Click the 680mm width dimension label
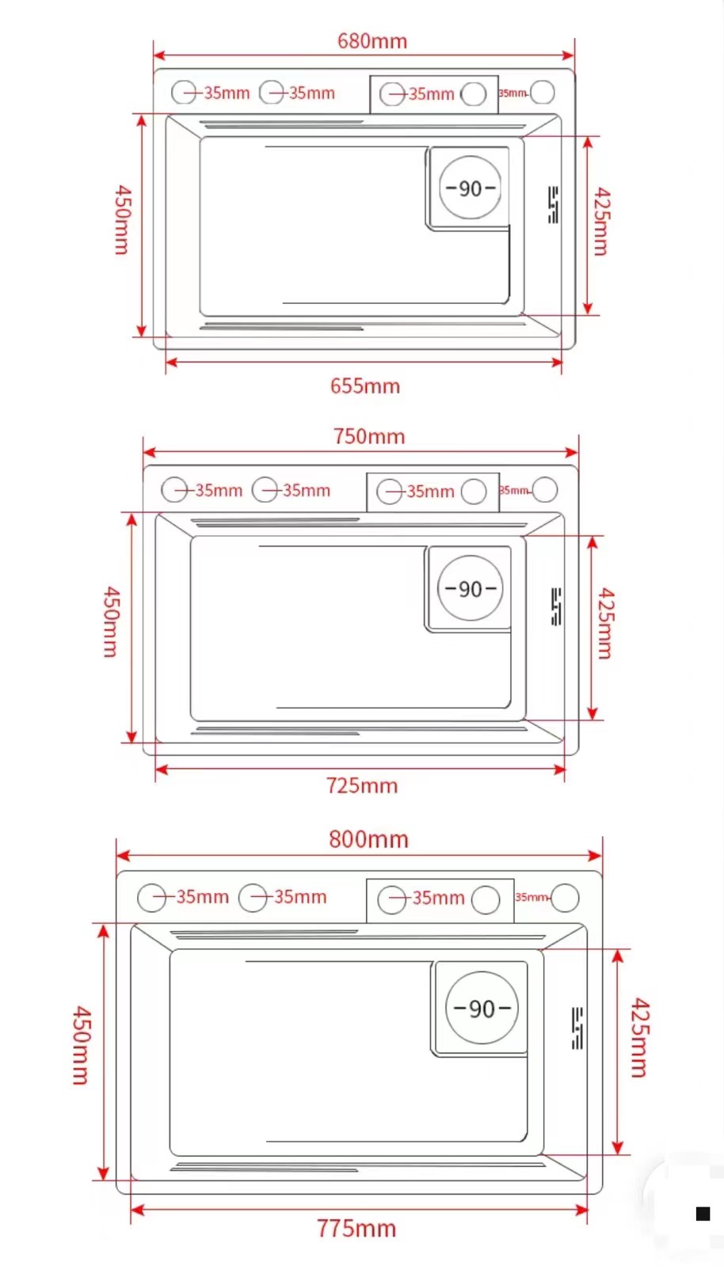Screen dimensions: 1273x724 click(x=372, y=41)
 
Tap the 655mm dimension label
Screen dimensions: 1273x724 click(x=365, y=386)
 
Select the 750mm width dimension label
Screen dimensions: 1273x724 click(x=369, y=436)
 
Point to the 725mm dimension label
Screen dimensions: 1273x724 click(x=362, y=786)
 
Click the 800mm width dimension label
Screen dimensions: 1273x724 click(x=369, y=839)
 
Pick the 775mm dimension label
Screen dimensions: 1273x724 click(x=356, y=1229)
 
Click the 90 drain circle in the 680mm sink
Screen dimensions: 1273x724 click(x=471, y=188)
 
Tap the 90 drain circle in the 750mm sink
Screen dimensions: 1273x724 click(x=471, y=588)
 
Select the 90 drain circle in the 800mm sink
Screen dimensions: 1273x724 click(x=482, y=1008)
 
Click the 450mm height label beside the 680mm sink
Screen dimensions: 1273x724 click(x=122, y=220)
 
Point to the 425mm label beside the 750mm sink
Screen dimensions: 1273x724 click(x=605, y=624)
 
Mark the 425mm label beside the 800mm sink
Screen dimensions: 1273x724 click(x=639, y=1038)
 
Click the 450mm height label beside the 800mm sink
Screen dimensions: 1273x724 click(x=81, y=1045)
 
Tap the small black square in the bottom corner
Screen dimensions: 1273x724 click(x=703, y=1214)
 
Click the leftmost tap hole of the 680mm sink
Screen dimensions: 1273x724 click(x=184, y=93)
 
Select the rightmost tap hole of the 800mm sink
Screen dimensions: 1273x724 click(x=566, y=898)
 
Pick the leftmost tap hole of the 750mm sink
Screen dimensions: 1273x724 click(x=174, y=490)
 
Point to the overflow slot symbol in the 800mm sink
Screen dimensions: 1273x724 click(x=577, y=1028)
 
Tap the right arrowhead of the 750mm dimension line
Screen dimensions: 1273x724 click(x=573, y=453)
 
